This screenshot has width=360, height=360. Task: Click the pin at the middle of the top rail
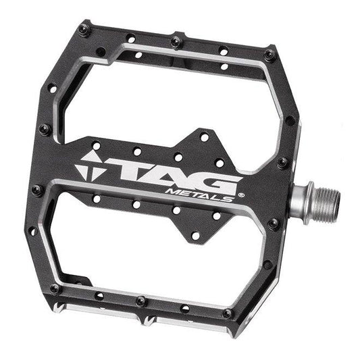(x=176, y=42)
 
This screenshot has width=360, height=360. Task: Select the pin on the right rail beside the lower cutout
(x=274, y=224)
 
